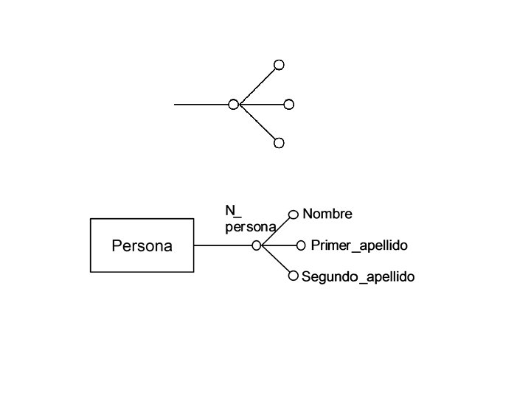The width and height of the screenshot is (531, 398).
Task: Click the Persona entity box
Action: pyautogui.click(x=142, y=245)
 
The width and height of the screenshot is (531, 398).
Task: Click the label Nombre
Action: pyautogui.click(x=327, y=214)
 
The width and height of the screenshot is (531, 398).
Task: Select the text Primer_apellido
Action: pyautogui.click(x=359, y=245)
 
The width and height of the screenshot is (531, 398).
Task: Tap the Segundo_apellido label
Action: pyautogui.click(x=358, y=277)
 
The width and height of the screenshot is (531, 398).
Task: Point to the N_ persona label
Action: pyautogui.click(x=249, y=219)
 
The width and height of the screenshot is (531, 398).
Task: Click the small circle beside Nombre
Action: pyautogui.click(x=293, y=214)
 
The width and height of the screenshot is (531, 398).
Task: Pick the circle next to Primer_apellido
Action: pyautogui.click(x=300, y=245)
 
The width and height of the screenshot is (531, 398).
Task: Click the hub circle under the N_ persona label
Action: pyautogui.click(x=256, y=245)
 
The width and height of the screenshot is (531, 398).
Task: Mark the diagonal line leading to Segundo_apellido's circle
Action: pyautogui.click(x=275, y=262)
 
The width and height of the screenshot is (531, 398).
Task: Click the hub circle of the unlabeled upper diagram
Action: pyautogui.click(x=233, y=105)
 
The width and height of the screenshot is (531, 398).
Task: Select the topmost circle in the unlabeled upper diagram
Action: pyautogui.click(x=279, y=65)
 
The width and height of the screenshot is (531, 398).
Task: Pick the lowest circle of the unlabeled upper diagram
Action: pyautogui.click(x=279, y=143)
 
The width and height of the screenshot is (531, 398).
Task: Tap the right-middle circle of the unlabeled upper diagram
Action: pyautogui.click(x=289, y=105)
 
